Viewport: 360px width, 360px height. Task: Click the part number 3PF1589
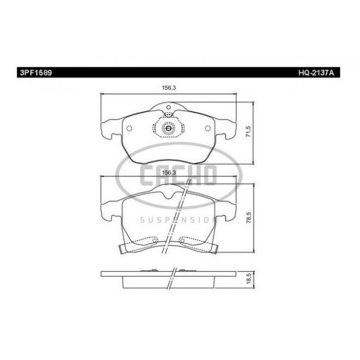coord(36,73)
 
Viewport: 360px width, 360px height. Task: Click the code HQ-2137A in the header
coord(316,73)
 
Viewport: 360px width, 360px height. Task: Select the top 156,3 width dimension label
coord(169,87)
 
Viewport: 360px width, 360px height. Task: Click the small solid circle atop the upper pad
coord(168,107)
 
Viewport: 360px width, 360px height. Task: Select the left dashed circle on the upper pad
coord(130,129)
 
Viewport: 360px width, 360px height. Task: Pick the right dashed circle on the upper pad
coord(208,129)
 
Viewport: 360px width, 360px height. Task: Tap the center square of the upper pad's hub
coord(168,129)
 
